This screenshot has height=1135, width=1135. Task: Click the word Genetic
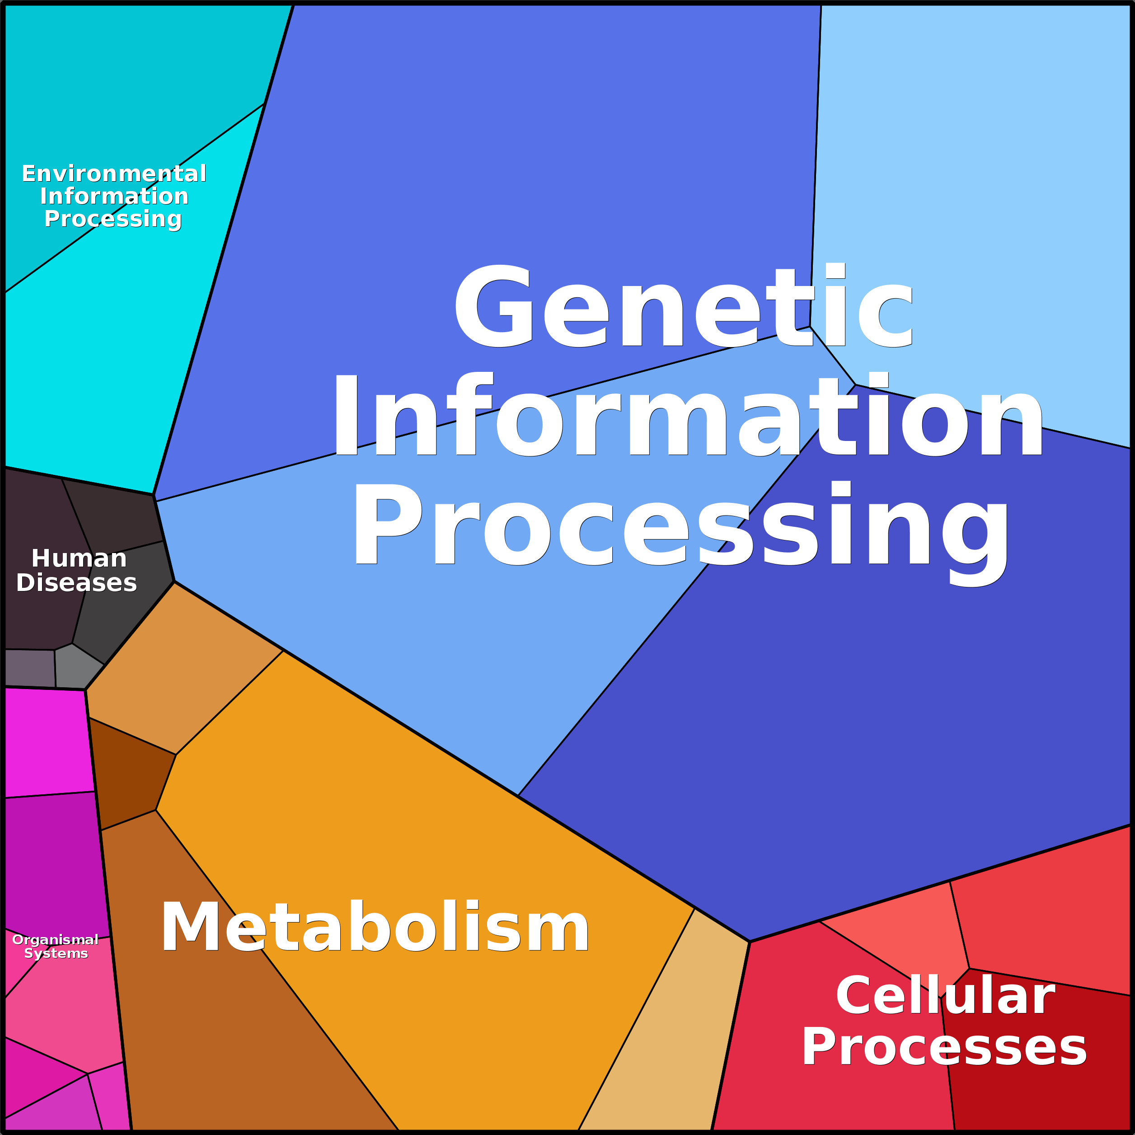point(683,305)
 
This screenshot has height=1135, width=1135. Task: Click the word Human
point(79,558)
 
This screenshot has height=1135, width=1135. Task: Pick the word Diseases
point(76,583)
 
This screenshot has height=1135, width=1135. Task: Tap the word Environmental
point(114,174)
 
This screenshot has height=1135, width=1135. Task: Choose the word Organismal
point(55,939)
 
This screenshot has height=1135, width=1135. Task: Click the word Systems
point(56,953)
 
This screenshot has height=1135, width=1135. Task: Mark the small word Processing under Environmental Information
point(113,219)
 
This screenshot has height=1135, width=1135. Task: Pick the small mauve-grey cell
point(30,668)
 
